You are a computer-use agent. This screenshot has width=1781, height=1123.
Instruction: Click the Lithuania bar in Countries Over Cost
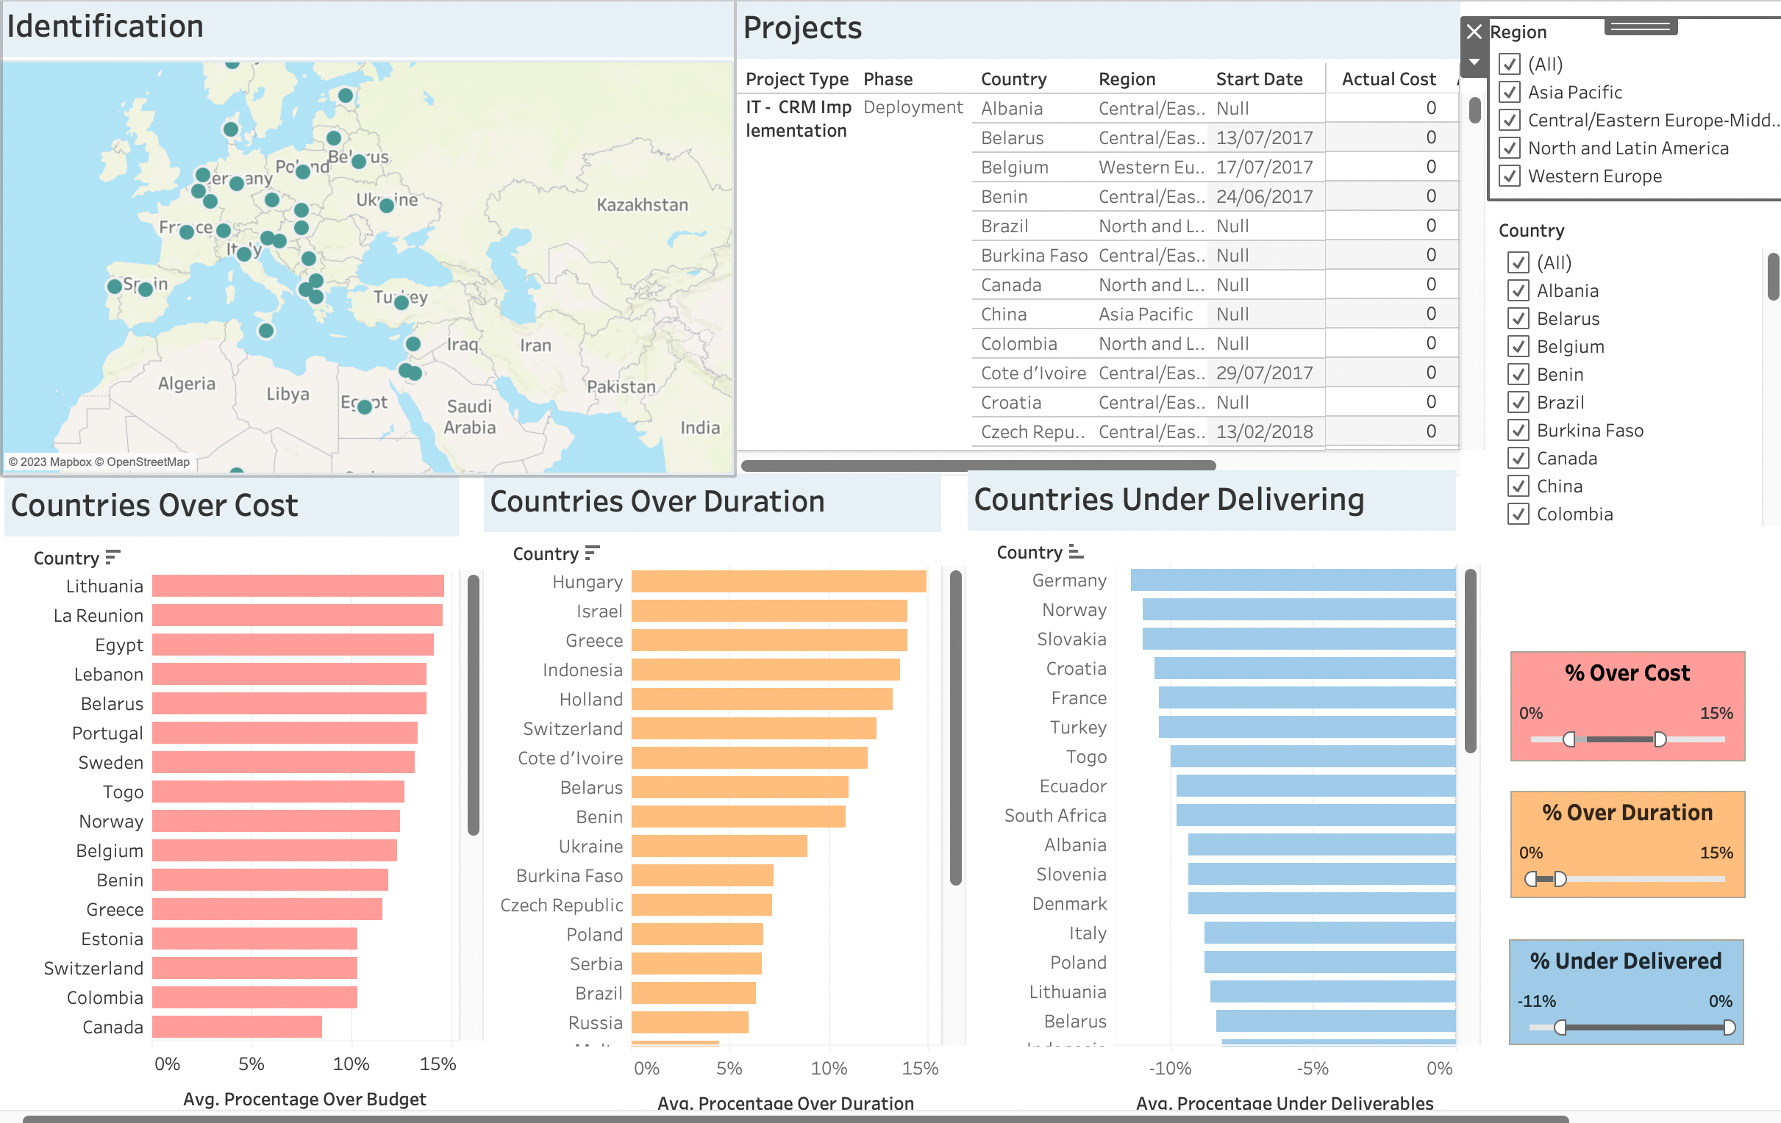point(297,586)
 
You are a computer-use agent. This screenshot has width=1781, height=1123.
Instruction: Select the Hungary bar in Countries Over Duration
point(778,582)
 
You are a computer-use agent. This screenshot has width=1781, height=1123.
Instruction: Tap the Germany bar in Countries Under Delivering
point(1292,581)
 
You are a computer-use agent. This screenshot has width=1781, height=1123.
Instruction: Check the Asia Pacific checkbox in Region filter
point(1510,93)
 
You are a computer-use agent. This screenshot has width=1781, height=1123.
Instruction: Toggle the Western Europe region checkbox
point(1510,176)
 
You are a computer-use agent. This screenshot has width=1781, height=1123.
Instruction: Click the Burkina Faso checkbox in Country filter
point(1518,430)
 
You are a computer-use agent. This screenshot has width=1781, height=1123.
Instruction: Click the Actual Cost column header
point(1388,79)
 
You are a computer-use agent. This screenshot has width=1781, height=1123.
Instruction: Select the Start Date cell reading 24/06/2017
point(1264,197)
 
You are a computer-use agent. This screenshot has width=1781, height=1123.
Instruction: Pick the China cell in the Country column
point(1004,315)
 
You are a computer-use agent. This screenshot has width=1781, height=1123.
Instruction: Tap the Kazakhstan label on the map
point(642,205)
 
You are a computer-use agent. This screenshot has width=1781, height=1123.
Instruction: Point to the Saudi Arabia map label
point(469,416)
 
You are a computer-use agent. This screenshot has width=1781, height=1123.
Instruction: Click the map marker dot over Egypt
point(365,406)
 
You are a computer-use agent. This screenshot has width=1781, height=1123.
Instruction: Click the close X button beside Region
point(1474,32)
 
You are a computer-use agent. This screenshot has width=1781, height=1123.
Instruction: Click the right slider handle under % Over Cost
point(1660,739)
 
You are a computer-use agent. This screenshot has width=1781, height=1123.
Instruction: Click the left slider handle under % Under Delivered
point(1560,1027)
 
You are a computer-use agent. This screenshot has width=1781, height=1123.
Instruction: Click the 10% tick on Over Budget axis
point(351,1064)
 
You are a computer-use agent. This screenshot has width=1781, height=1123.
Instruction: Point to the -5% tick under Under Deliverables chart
point(1313,1069)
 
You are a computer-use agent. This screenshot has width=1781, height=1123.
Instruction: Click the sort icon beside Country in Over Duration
point(592,553)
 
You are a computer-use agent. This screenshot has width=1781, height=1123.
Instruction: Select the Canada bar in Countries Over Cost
point(237,1027)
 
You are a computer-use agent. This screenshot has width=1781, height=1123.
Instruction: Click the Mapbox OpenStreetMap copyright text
point(99,462)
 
